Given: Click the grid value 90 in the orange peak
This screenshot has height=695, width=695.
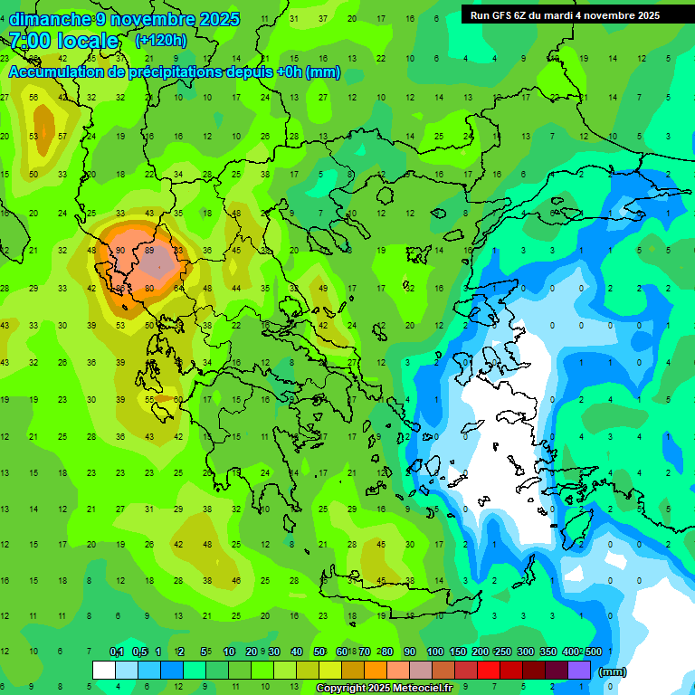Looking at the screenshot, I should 120,251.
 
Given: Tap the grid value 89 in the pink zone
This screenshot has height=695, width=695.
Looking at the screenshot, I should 149,251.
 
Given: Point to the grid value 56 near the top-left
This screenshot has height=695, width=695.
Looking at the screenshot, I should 33,98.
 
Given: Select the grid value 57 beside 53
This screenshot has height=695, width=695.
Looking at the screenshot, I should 62,136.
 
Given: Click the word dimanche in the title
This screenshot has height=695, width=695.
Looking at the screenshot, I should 50,19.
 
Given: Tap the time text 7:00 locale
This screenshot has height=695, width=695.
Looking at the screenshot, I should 63,41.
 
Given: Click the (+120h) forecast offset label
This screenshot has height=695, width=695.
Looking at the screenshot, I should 160,40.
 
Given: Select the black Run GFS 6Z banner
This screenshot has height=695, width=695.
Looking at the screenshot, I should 565,15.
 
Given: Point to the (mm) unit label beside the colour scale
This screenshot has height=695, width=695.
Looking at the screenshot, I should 613,671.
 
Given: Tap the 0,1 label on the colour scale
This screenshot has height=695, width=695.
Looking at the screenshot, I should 116,652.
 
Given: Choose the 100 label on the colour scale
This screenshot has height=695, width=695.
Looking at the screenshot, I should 434,652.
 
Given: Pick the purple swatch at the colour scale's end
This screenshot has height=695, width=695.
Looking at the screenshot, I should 579,671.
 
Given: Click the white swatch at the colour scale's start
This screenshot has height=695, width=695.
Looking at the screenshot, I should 104,671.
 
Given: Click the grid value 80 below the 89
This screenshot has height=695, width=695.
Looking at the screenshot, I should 149,289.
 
